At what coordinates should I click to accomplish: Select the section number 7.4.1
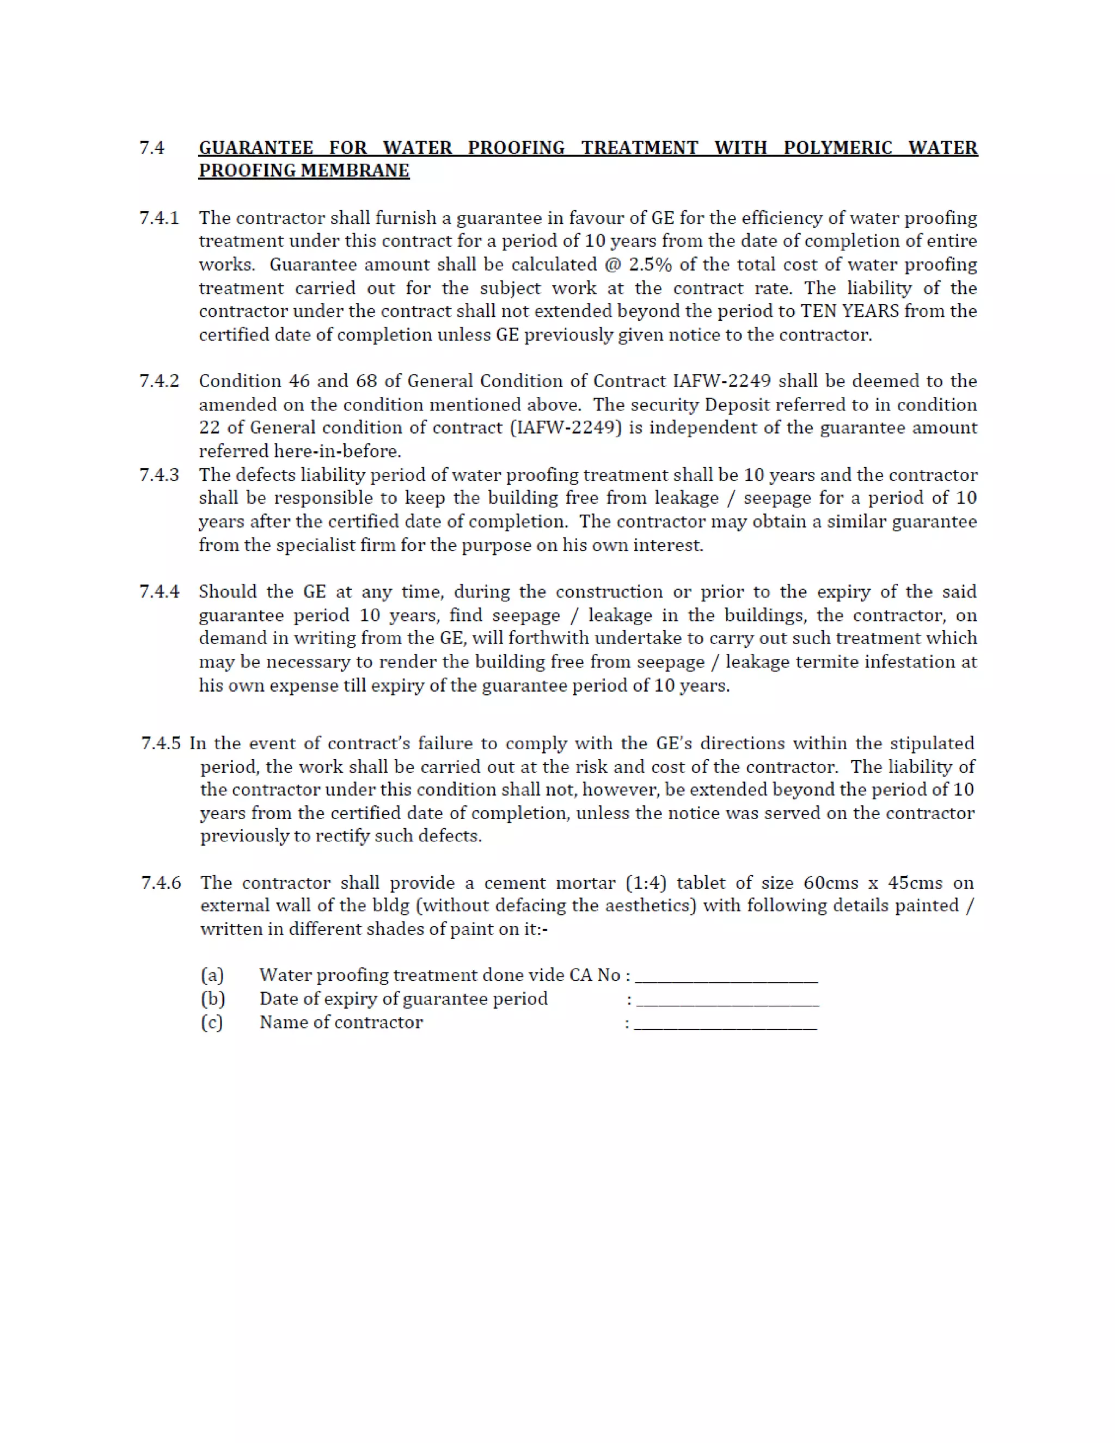click(x=159, y=218)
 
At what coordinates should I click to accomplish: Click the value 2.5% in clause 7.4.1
click(x=650, y=265)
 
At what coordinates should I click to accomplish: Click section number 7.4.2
click(x=159, y=381)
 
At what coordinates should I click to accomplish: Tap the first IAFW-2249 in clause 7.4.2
click(x=722, y=381)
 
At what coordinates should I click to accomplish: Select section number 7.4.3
click(x=159, y=475)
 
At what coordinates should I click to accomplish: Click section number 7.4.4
click(x=159, y=591)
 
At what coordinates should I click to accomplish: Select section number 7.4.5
click(x=161, y=743)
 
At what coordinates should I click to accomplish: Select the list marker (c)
click(x=212, y=1023)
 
